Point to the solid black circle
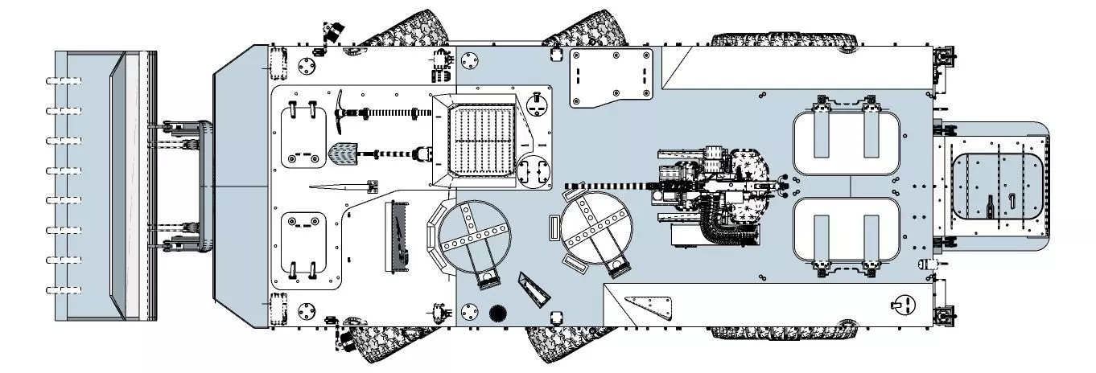(496, 313)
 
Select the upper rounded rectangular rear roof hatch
(845, 141)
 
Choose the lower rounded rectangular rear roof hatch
(845, 233)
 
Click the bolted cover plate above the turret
(611, 76)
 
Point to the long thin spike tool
(338, 187)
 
